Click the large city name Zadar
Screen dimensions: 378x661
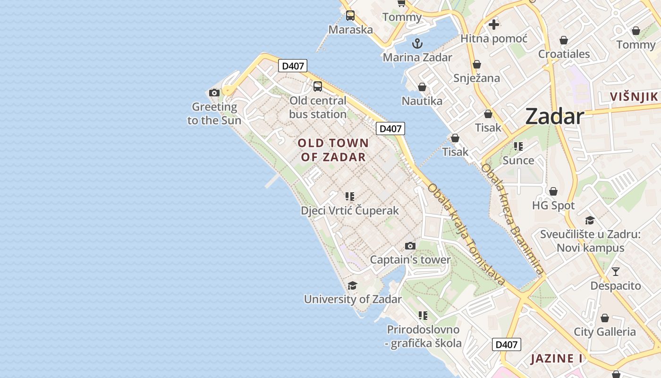point(554,116)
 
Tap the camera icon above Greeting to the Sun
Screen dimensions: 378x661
point(214,93)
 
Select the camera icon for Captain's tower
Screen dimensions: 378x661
point(410,246)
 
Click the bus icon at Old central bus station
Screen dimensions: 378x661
point(318,86)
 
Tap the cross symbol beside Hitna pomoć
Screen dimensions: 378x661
point(494,24)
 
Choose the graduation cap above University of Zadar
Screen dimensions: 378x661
point(352,285)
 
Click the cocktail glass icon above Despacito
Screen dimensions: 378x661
point(616,272)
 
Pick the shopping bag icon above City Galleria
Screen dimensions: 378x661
point(605,318)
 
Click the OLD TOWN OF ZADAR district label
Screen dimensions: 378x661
point(333,150)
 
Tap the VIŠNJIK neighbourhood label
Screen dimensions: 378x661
point(634,97)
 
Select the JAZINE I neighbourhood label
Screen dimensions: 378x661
point(557,359)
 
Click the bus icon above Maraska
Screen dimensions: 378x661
point(350,16)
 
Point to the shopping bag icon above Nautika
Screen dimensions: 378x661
point(422,87)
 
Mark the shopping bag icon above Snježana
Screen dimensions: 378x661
point(477,64)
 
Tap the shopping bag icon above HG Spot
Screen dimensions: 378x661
point(553,192)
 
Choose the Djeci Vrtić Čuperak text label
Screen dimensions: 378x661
point(350,211)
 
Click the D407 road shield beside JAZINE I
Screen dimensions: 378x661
point(506,344)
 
